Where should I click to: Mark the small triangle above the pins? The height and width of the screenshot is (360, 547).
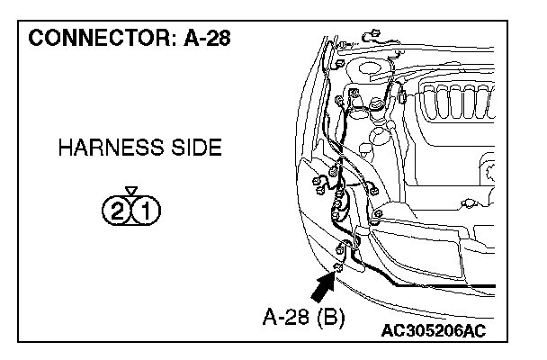click(132, 191)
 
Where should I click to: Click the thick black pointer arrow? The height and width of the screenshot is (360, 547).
click(323, 289)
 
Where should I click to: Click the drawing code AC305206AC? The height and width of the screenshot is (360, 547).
click(433, 331)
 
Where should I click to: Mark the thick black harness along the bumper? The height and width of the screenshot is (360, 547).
click(423, 283)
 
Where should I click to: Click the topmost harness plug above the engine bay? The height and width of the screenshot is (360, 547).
click(369, 37)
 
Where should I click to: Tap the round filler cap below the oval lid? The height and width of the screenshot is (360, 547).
click(382, 135)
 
